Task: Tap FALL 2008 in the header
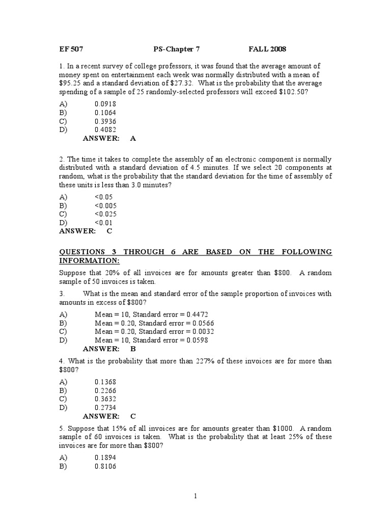click(267, 49)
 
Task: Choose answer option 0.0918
click(105, 103)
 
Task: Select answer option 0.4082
click(105, 129)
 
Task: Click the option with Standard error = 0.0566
click(151, 323)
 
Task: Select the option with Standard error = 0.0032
click(151, 331)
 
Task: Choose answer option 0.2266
click(105, 390)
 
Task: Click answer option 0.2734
click(105, 407)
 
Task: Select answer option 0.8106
click(105, 465)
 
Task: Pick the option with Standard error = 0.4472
click(151, 314)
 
